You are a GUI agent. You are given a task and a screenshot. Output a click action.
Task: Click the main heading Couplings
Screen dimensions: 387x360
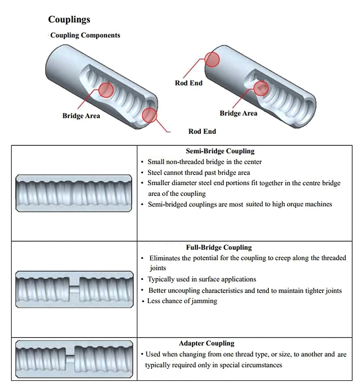[69, 20]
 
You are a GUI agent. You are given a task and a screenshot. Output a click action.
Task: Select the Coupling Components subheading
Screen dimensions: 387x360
[85, 35]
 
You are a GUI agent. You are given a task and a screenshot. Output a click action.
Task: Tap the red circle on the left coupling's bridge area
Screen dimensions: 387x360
[106, 90]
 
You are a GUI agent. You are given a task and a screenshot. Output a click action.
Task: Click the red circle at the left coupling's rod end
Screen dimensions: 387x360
[150, 115]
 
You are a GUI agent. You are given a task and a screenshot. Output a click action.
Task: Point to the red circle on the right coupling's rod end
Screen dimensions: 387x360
[213, 59]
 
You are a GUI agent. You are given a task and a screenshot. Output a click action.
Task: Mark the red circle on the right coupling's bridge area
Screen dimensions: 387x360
[261, 88]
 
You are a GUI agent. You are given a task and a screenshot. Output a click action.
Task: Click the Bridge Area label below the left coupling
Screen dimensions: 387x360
[81, 116]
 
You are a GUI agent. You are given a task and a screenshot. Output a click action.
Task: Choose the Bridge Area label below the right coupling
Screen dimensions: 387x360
[239, 114]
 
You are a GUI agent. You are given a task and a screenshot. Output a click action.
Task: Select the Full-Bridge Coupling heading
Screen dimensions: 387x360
[218, 248]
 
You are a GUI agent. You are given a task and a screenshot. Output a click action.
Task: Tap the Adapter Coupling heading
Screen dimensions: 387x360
[206, 343]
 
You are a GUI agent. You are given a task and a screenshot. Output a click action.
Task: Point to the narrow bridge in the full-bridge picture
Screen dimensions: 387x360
[74, 289]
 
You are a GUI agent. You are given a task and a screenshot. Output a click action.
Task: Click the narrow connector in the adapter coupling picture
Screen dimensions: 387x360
[70, 358]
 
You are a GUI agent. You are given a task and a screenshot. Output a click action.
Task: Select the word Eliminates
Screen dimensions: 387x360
[166, 258]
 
